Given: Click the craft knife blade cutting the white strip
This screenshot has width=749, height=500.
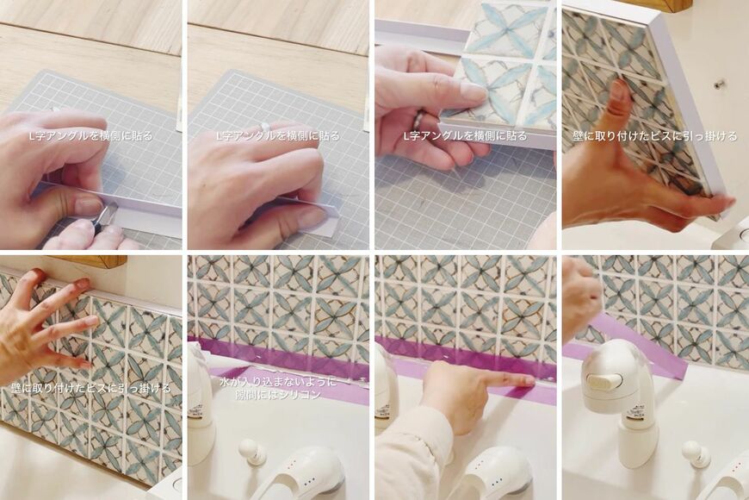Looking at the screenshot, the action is pos(110,209).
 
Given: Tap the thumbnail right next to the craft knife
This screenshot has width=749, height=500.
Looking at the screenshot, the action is pos(90,205).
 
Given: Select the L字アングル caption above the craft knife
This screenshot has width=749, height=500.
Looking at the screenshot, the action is pos(90,136).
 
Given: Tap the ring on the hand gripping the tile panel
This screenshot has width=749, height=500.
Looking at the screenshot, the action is pos(420,117).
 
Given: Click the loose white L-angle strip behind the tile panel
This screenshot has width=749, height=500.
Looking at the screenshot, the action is pos(420,41).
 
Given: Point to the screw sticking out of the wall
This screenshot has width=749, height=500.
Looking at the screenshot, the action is pos(716,85).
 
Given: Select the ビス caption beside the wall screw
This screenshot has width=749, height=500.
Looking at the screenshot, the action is pos(654,136).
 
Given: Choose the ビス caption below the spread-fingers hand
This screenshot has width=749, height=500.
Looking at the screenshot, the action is pos(90,388).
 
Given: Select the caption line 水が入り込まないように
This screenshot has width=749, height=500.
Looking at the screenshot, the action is pos(277,382).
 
